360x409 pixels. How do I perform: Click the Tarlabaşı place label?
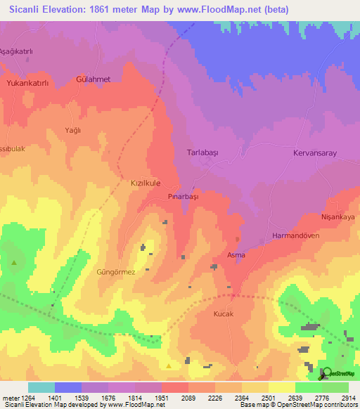pyautogui.click(x=204, y=152)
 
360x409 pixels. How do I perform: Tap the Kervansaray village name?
pyautogui.click(x=316, y=152)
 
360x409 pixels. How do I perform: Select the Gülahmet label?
pyautogui.click(x=94, y=79)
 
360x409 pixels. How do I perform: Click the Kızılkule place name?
pyautogui.click(x=142, y=183)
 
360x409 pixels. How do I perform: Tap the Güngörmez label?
pyautogui.click(x=115, y=271)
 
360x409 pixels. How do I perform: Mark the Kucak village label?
pyautogui.click(x=223, y=315)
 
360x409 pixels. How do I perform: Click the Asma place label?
pyautogui.click(x=236, y=255)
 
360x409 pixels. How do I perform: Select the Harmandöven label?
pyautogui.click(x=295, y=236)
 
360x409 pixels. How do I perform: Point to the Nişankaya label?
pyautogui.click(x=337, y=218)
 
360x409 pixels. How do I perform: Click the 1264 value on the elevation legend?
pyautogui.click(x=28, y=398)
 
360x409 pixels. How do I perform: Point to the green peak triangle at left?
pyautogui.click(x=14, y=263)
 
